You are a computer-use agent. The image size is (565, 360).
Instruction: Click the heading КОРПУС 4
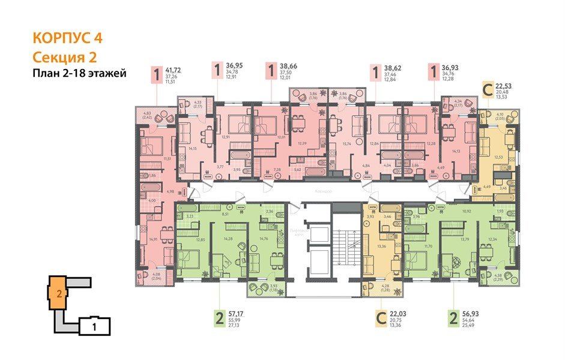[67, 38]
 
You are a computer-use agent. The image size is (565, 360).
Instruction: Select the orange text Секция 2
[63, 57]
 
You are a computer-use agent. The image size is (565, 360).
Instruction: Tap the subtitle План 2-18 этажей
[78, 74]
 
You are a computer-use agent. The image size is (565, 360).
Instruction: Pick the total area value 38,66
[291, 70]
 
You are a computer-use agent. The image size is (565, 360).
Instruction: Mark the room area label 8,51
[225, 212]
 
